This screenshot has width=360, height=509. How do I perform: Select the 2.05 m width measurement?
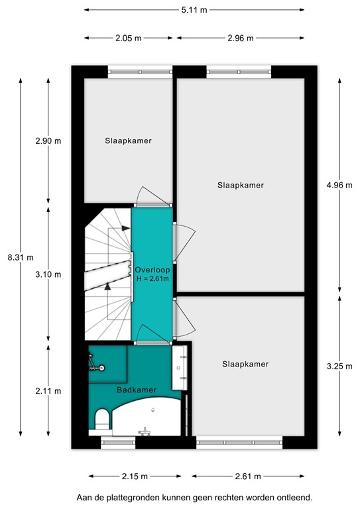pos(128,38)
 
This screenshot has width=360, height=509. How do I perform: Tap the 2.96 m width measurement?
pos(240,38)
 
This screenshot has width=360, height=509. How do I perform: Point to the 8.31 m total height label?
pos(20,257)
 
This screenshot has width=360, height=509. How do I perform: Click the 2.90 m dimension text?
pos(48,141)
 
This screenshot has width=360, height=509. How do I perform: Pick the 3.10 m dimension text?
pos(48,274)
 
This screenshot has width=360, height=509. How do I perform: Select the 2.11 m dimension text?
pos(48,391)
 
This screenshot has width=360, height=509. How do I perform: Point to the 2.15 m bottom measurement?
pos(135,476)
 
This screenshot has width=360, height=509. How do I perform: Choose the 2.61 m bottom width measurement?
pos(247,476)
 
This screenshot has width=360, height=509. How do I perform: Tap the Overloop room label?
pos(152,270)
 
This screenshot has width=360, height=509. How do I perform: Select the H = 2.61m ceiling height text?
pos(152,279)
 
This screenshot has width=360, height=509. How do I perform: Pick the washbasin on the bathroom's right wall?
pos(179,368)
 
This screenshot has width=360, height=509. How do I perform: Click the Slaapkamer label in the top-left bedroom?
pos(128,141)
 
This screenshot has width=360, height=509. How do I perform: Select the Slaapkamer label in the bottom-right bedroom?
pos(246,364)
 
